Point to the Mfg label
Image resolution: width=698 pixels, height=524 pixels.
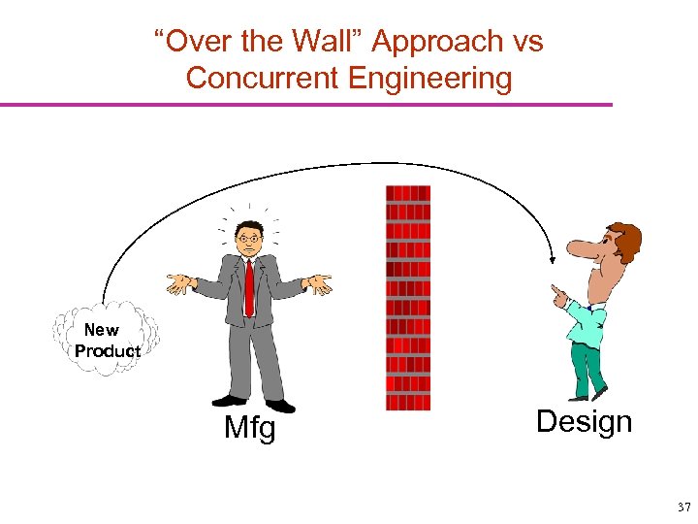[250, 427]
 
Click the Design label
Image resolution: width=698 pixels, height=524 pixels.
[584, 421]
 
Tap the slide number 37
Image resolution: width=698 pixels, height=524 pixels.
[683, 507]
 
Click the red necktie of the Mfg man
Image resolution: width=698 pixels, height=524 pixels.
[249, 285]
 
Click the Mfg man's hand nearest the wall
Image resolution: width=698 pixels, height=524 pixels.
[318, 283]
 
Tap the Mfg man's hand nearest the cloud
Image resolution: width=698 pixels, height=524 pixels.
[179, 283]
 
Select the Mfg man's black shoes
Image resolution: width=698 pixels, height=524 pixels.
[254, 402]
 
